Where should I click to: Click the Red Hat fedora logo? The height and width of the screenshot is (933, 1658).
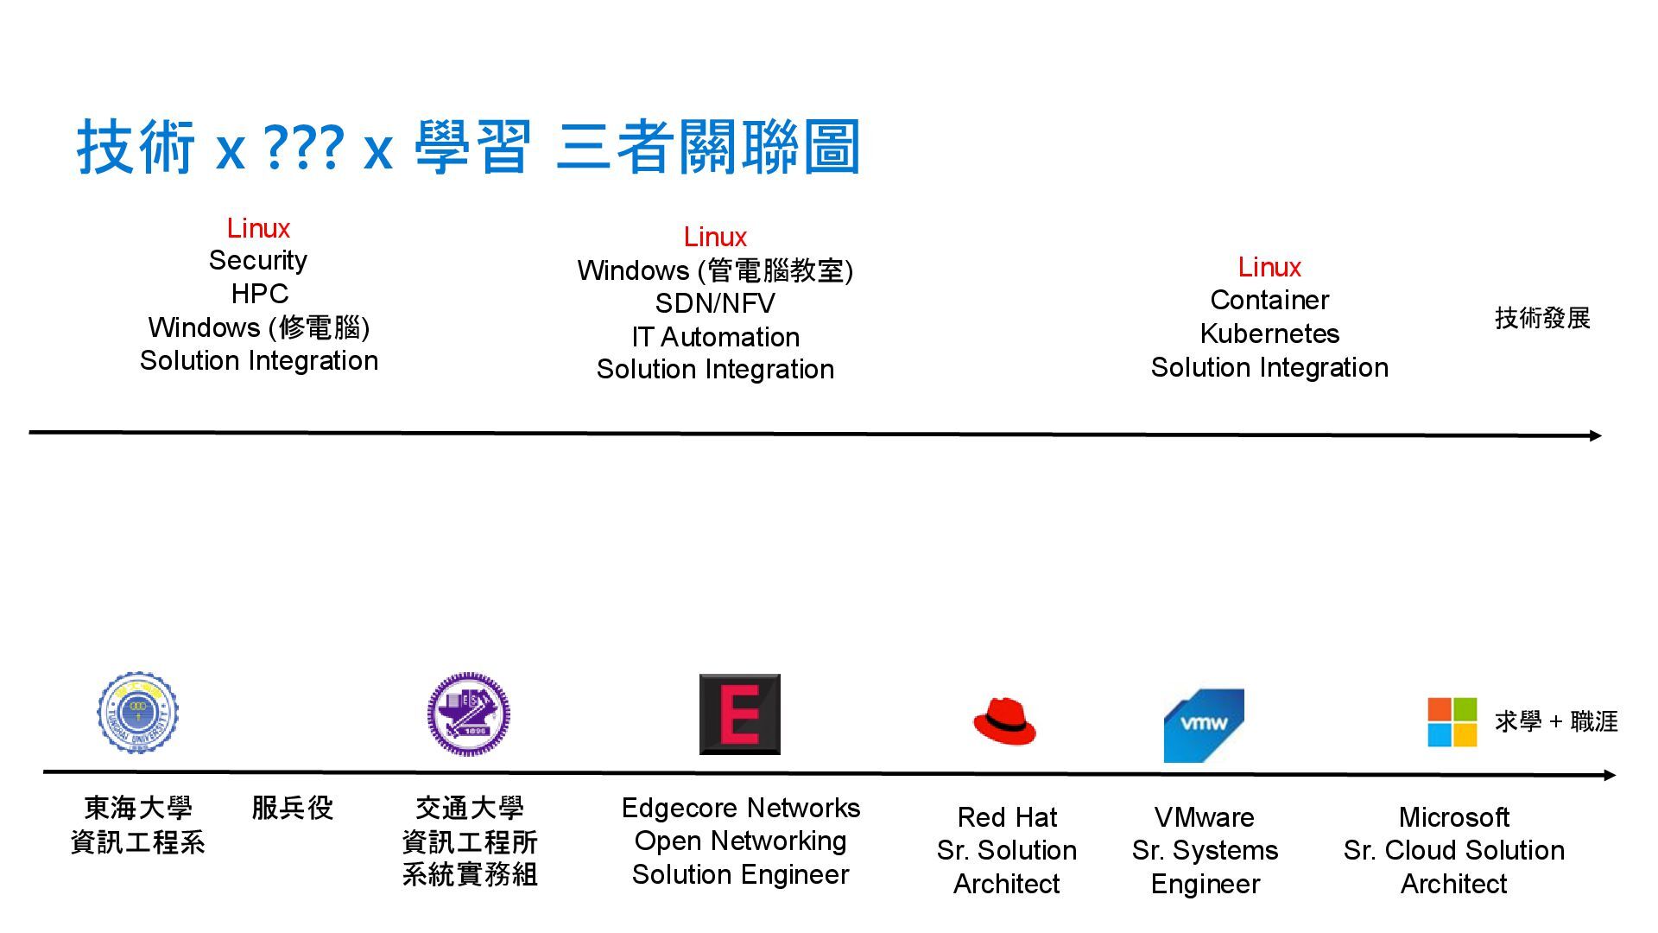[1004, 722]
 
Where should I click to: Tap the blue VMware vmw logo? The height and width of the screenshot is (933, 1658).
[1204, 725]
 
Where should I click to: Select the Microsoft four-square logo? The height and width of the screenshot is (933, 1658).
[1452, 722]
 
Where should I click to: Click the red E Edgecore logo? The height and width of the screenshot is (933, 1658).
[739, 714]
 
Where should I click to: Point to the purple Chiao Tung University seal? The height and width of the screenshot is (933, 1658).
[468, 714]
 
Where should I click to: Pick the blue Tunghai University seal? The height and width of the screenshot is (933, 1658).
[138, 713]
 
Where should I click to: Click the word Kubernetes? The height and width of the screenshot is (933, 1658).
[1269, 333]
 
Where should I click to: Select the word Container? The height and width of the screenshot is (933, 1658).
[1269, 300]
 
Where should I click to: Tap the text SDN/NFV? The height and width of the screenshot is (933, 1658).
[715, 303]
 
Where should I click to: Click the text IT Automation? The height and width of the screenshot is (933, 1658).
[715, 336]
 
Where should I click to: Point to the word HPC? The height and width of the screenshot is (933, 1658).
[259, 294]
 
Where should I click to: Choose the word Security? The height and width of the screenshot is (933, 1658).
[258, 260]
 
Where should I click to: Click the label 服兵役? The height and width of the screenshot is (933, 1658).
[292, 808]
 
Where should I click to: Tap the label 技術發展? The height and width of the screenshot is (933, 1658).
[1542, 318]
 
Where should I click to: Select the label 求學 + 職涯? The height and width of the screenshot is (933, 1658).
[1556, 721]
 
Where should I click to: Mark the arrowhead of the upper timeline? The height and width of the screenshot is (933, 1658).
[1596, 435]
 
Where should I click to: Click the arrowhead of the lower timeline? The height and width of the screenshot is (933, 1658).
[1610, 776]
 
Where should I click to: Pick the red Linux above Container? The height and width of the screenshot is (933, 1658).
[1269, 267]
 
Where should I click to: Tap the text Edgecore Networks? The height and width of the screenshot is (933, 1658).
[741, 808]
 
